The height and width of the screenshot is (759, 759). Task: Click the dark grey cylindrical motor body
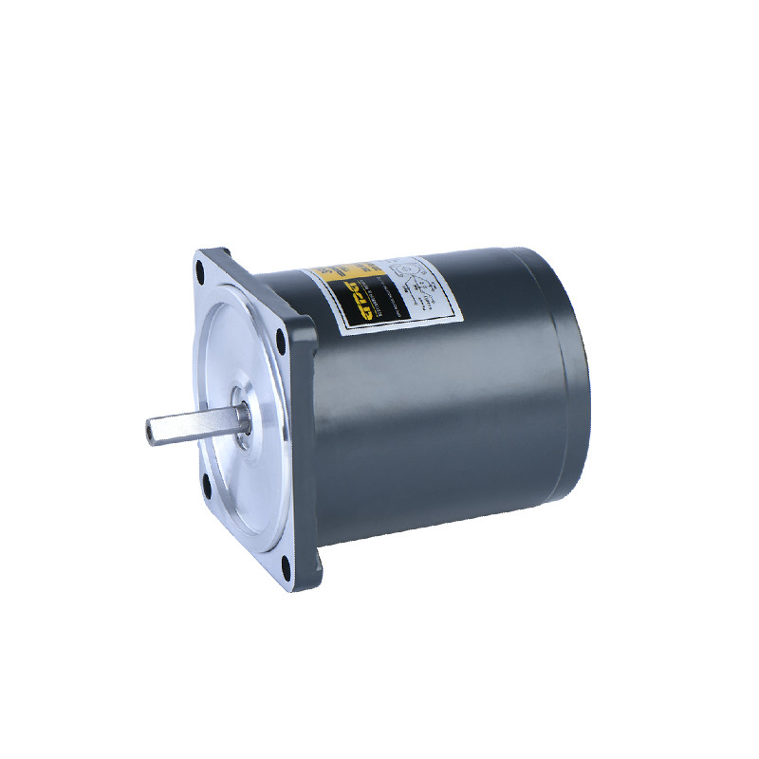click(x=436, y=408)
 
